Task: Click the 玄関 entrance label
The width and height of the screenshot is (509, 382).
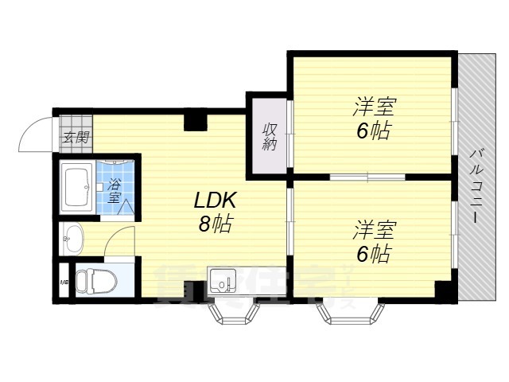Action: click(x=76, y=136)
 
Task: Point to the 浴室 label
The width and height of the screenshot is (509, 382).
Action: click(x=115, y=192)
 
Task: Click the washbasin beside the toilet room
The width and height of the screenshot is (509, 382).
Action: click(x=73, y=236)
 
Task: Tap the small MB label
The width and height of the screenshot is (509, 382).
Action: click(x=63, y=282)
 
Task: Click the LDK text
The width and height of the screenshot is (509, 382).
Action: click(x=214, y=199)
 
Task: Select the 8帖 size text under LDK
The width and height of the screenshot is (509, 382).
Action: click(x=214, y=224)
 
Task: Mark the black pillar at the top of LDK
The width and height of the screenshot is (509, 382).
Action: click(x=195, y=120)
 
